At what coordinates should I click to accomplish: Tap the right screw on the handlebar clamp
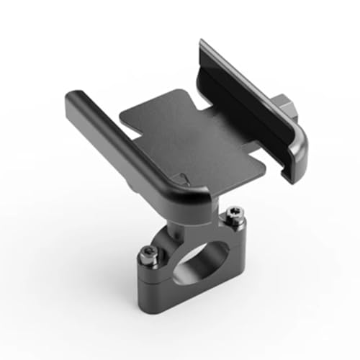tap(233, 213)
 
